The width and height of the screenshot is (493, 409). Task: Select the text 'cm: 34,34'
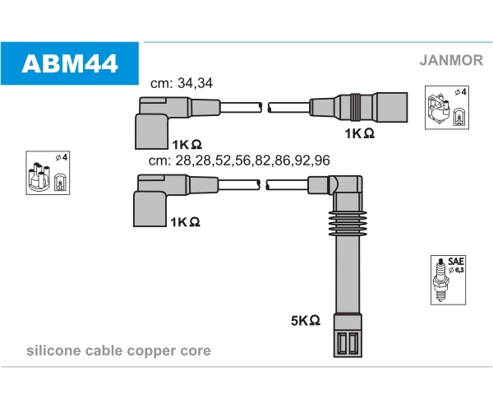pos(182,83)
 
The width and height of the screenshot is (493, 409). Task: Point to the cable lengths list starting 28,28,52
pos(239,160)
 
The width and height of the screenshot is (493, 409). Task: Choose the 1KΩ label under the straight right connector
pos(359,132)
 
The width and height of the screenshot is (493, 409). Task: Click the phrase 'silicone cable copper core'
pos(118,351)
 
